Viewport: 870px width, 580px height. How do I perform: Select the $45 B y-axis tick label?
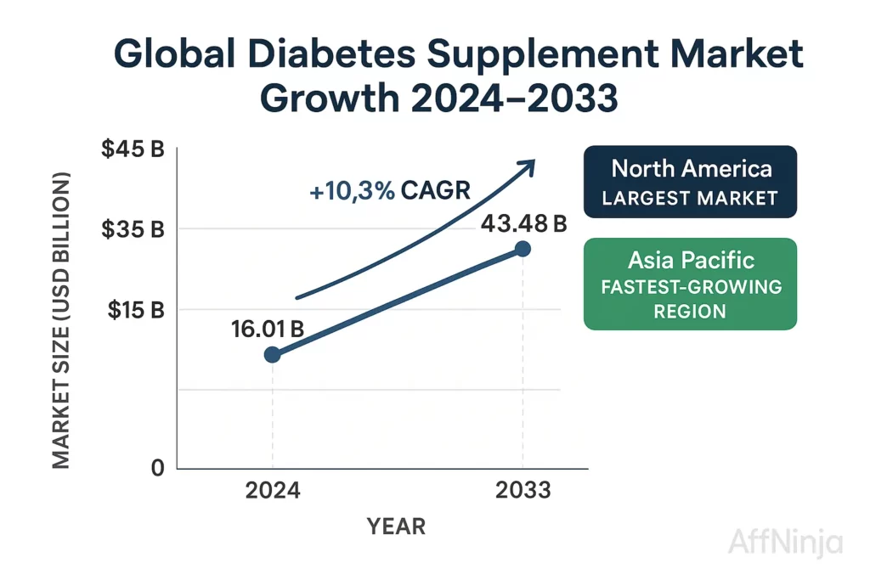[x=133, y=149]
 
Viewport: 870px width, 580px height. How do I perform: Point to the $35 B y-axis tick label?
[x=133, y=229]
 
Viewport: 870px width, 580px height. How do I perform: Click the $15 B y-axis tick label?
[x=135, y=310]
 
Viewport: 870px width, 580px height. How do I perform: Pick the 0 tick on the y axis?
[x=157, y=468]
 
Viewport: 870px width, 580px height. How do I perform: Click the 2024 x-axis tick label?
[x=273, y=491]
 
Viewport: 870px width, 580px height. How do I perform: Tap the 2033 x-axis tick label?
[x=523, y=491]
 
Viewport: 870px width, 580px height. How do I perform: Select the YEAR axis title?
[x=396, y=527]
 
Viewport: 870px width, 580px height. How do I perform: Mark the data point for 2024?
[x=272, y=354]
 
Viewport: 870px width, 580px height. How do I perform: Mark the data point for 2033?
[x=523, y=249]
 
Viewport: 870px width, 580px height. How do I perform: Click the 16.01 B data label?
[x=268, y=329]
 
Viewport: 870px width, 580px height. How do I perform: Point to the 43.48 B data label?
[x=523, y=224]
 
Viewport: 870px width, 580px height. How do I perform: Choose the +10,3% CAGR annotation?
[x=389, y=191]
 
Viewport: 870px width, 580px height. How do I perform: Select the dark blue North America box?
[x=690, y=182]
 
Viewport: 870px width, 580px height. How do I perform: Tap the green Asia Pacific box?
[x=690, y=284]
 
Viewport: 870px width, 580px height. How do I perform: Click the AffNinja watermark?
[x=785, y=543]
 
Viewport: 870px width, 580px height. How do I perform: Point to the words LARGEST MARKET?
[x=690, y=199]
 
